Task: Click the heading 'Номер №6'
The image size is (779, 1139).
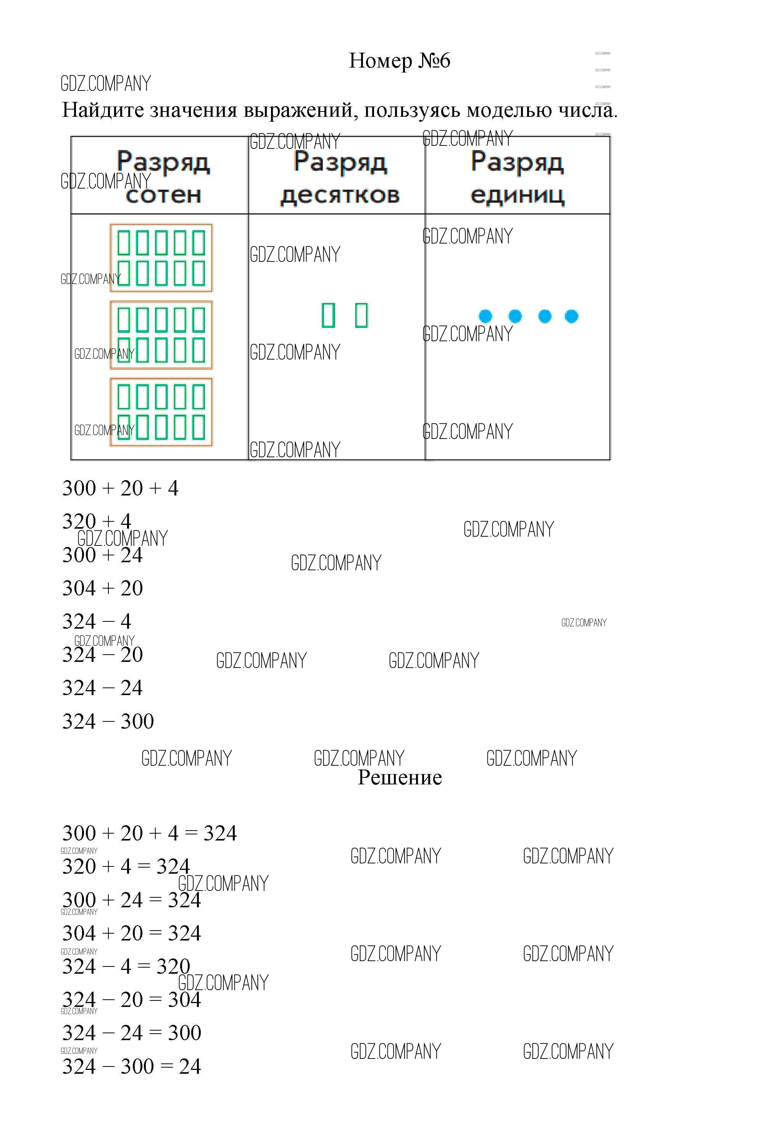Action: pos(399,61)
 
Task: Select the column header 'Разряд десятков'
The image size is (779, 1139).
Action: pos(340,177)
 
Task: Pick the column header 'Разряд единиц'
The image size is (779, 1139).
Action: pos(518,177)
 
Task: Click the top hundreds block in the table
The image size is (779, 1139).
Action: pos(161,258)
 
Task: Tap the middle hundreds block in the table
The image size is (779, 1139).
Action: pos(161,335)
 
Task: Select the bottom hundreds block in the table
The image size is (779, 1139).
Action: pos(161,412)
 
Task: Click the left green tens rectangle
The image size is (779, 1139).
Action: pos(328,315)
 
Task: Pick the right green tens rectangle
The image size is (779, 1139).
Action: pos(361,315)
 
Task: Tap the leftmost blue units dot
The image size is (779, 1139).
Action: pos(485,316)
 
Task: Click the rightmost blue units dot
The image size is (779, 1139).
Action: pos(571,316)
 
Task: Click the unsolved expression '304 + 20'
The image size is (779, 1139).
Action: pos(102,588)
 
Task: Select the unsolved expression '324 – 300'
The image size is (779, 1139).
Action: pos(108,721)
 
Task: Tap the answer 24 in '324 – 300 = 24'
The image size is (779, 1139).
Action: pos(190,1066)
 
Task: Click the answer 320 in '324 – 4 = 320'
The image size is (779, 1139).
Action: pos(173,966)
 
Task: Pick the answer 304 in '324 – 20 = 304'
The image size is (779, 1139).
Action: pos(184,1000)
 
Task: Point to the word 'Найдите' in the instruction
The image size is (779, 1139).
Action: pos(103,110)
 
